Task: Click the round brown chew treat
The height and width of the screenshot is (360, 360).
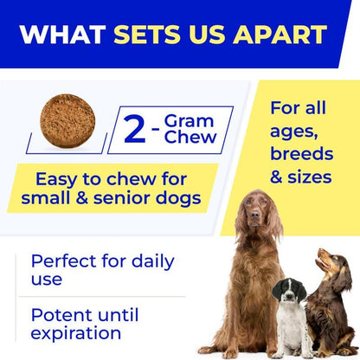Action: click(67, 118)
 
